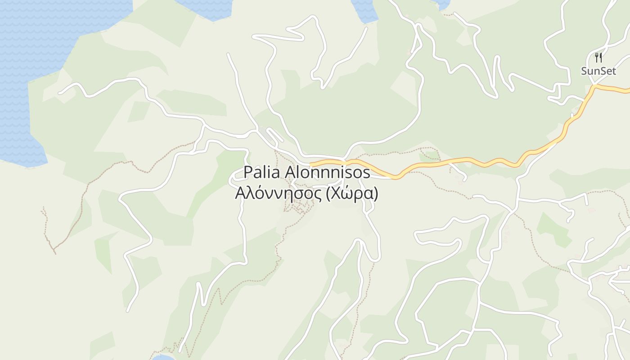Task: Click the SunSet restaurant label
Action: tap(598, 71)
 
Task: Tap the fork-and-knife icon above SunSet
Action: tap(598, 58)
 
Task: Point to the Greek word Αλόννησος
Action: tap(279, 193)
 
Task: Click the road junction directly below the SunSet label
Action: tap(595, 85)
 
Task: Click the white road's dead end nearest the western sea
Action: tap(59, 93)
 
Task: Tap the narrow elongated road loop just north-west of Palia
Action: tap(275, 135)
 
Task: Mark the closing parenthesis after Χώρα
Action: tap(375, 193)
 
